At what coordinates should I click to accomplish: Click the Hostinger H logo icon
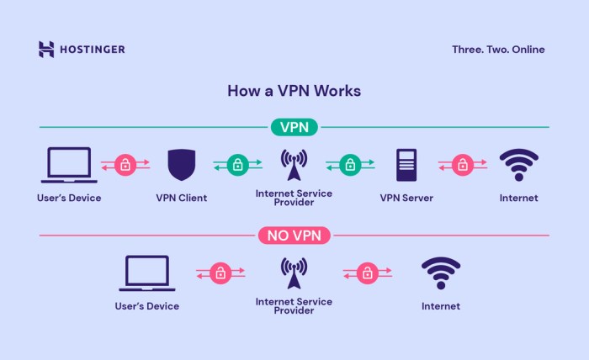pos(46,50)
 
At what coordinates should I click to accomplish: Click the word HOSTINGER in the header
pos(92,50)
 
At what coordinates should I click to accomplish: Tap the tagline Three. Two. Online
pos(498,50)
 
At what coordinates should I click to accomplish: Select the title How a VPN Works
pos(294,90)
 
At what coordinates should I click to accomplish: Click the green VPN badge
pos(294,127)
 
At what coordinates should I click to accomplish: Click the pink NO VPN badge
pos(294,235)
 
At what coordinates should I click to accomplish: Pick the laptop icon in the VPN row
pos(69,165)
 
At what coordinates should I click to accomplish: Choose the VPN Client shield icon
pos(181,165)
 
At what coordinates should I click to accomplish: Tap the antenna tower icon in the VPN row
pos(294,165)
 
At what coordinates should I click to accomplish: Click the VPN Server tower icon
pos(406,165)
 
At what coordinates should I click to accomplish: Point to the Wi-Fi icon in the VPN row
pos(518,165)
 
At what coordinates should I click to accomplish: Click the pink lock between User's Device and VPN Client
pos(125,165)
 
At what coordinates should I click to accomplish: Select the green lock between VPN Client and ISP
pos(237,165)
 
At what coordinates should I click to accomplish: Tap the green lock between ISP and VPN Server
pos(350,165)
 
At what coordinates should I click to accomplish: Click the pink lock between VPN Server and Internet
pos(462,165)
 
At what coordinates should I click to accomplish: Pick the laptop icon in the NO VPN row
pos(147,273)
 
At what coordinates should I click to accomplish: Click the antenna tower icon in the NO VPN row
pos(294,273)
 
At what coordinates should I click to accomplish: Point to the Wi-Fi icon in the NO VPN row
pos(441,273)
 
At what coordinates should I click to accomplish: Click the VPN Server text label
pos(406,199)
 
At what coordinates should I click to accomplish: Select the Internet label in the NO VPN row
pos(441,306)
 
